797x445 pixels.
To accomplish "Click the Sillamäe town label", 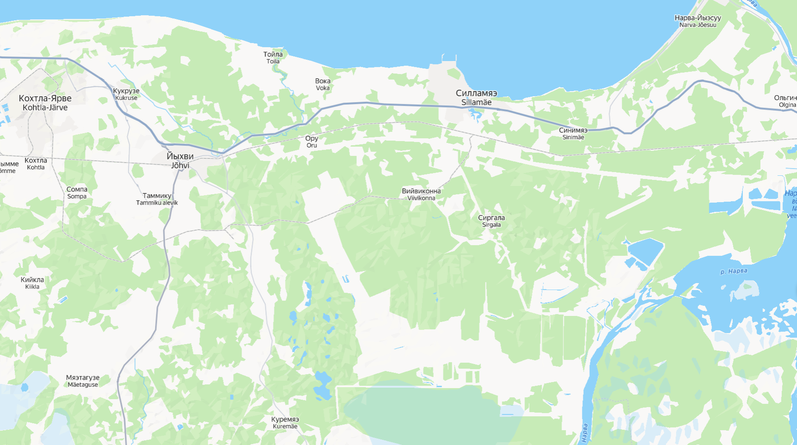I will pyautogui.click(x=476, y=98).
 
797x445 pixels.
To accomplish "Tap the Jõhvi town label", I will pyautogui.click(x=180, y=161).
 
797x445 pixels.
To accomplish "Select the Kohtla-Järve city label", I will pyautogui.click(x=45, y=103).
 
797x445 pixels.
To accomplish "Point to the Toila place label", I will pyautogui.click(x=273, y=57).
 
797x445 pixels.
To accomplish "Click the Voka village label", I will pyautogui.click(x=323, y=84).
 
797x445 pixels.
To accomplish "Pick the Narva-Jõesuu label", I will pyautogui.click(x=697, y=21).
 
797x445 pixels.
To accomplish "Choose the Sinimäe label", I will pyautogui.click(x=573, y=133).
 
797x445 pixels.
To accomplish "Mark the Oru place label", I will pyautogui.click(x=311, y=142).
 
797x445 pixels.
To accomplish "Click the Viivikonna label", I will pyautogui.click(x=421, y=194).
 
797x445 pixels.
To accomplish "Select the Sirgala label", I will pyautogui.click(x=491, y=221).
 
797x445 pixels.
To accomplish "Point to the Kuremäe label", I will pyautogui.click(x=285, y=423).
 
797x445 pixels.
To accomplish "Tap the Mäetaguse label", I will pyautogui.click(x=83, y=381).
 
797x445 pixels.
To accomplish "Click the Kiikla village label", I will pyautogui.click(x=32, y=283).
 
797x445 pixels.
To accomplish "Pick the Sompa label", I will pyautogui.click(x=77, y=192).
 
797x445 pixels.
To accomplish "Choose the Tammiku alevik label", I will pyautogui.click(x=157, y=199).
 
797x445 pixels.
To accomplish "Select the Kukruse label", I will pyautogui.click(x=126, y=94).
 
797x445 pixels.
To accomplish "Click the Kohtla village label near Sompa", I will pyautogui.click(x=36, y=164).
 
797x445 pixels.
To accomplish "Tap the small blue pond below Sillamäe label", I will pyautogui.click(x=474, y=113).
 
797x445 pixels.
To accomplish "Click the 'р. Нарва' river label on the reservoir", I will pyautogui.click(x=734, y=272).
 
